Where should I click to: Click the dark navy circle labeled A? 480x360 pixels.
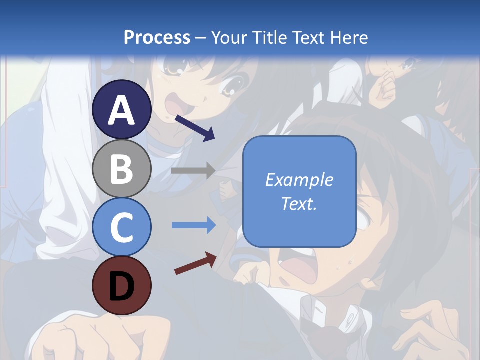122,110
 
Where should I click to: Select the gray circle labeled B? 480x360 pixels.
122,168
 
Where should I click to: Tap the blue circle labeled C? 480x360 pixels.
122,227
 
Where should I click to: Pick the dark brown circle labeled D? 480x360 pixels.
122,285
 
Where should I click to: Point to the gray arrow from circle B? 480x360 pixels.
193,170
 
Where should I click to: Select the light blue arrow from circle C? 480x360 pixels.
194,225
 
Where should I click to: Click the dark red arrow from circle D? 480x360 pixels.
195,263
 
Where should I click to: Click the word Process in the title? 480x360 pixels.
157,37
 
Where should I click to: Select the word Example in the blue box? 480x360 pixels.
299,180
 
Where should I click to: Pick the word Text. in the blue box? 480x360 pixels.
299,203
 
